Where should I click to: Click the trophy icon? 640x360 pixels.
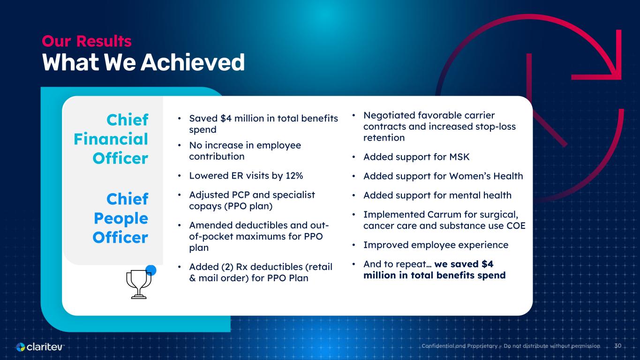pos(139,284)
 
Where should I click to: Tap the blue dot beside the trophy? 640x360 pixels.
pos(151,270)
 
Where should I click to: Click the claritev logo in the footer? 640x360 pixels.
pos(40,347)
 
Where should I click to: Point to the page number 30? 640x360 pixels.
pos(617,346)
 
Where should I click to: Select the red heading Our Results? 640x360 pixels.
pos(87,41)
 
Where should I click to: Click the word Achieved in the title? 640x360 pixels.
pos(193,62)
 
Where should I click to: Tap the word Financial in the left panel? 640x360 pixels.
pos(111,139)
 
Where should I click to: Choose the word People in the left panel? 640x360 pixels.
pos(121,218)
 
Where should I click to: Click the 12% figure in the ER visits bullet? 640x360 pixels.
pos(294,175)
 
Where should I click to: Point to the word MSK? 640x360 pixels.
pos(459,157)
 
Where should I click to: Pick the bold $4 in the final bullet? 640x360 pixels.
pos(488,264)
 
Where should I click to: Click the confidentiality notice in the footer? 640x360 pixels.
pos(511,346)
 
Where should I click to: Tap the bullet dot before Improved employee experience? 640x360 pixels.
pos(354,245)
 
